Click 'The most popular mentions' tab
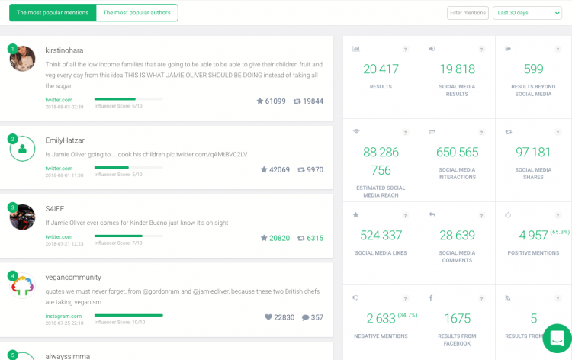pyautogui.click(x=52, y=13)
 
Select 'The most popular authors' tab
pyautogui.click(x=137, y=13)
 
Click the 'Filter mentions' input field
pyautogui.click(x=468, y=13)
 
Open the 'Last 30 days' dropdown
pyautogui.click(x=527, y=13)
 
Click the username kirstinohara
pyautogui.click(x=64, y=50)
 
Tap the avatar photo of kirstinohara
pyautogui.click(x=23, y=59)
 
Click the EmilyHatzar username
pyautogui.click(x=65, y=140)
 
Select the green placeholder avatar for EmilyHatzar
pyautogui.click(x=23, y=149)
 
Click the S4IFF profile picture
pyautogui.click(x=23, y=217)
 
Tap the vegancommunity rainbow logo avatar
pyautogui.click(x=23, y=286)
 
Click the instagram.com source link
pyautogui.click(x=63, y=316)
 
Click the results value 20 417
pyautogui.click(x=381, y=69)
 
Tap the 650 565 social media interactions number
pyautogui.click(x=457, y=153)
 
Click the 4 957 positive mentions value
pyautogui.click(x=533, y=235)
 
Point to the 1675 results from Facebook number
pyautogui.click(x=457, y=318)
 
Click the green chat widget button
pyautogui.click(x=557, y=338)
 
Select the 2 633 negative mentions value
pyautogui.click(x=381, y=318)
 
